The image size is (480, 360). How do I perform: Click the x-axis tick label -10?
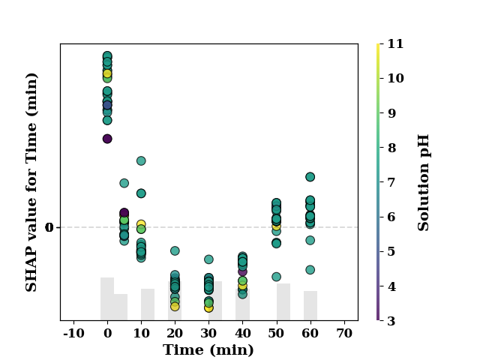(x=73, y=333)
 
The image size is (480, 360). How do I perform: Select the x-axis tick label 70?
(x=344, y=333)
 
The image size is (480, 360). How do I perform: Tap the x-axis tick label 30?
(x=208, y=333)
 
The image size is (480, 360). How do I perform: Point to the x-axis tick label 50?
(x=277, y=333)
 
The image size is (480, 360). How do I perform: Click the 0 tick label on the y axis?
(x=49, y=227)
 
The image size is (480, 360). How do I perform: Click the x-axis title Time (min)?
(x=208, y=350)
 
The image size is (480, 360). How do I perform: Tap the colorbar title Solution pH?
(x=423, y=182)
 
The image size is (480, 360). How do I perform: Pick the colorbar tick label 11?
(x=395, y=43)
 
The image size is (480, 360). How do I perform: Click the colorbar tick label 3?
(x=391, y=321)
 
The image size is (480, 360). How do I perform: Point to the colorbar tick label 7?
(x=391, y=182)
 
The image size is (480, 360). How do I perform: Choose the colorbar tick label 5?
(x=391, y=252)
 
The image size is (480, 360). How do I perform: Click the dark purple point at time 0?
(x=107, y=139)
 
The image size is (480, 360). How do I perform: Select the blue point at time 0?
(x=107, y=105)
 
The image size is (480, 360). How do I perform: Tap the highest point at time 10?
(x=141, y=160)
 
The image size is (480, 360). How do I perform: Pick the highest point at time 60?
(x=310, y=177)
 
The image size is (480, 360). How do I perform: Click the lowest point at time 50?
(x=277, y=277)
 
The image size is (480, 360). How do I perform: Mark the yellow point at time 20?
(x=175, y=307)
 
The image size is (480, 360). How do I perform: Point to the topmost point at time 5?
(x=124, y=183)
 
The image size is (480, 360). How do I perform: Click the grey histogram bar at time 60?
(x=310, y=305)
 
